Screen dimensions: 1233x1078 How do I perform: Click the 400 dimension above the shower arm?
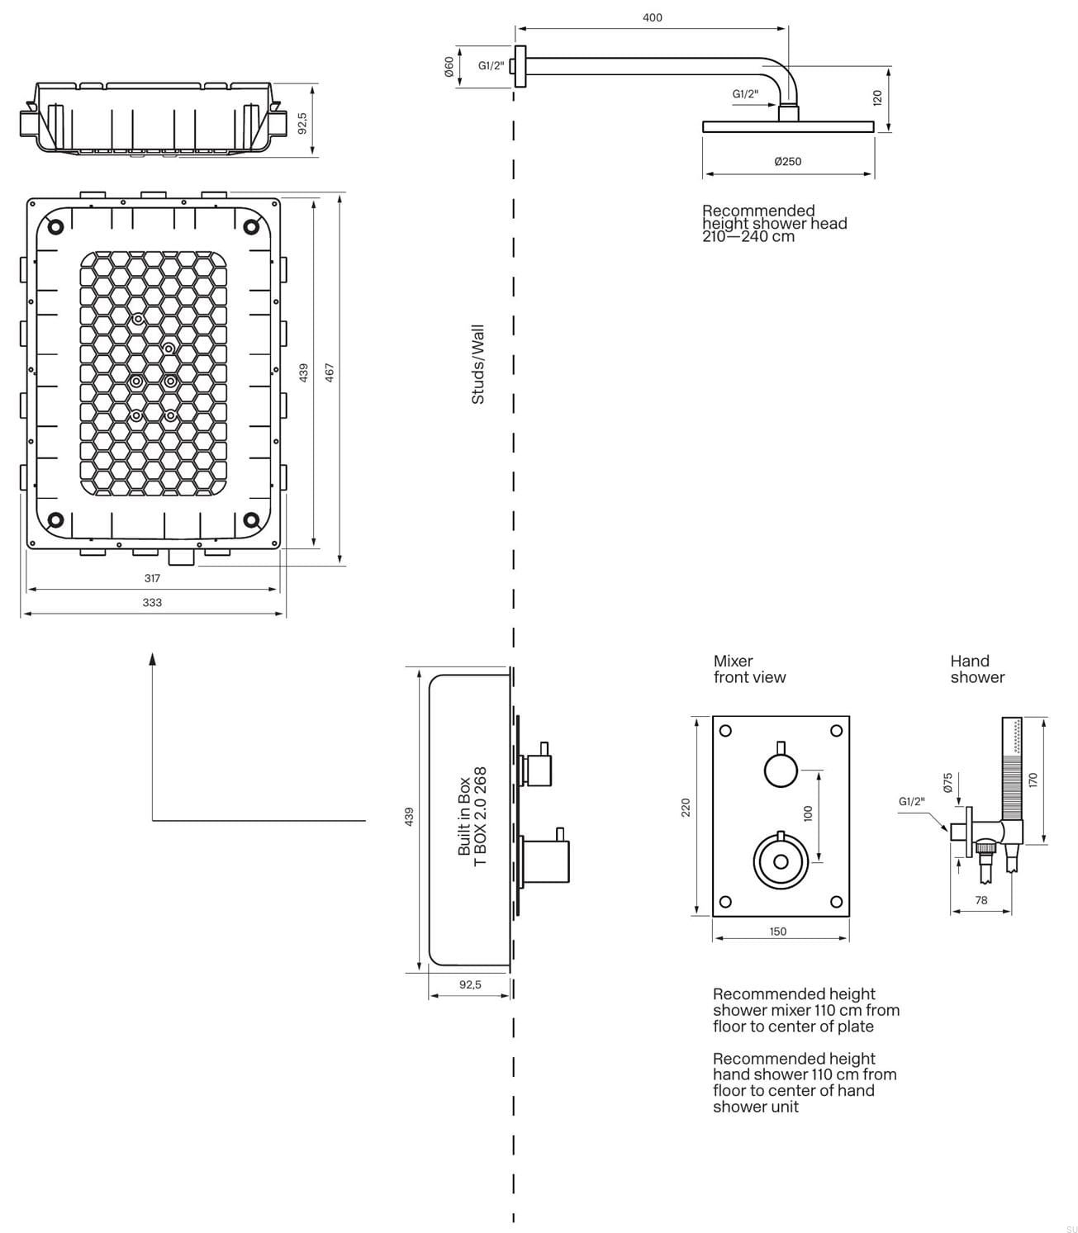652,17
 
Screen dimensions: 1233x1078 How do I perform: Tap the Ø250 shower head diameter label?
787,162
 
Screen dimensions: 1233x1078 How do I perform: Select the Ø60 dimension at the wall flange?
449,67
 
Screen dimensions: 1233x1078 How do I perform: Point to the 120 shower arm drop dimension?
877,97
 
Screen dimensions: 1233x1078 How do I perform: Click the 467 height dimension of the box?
330,372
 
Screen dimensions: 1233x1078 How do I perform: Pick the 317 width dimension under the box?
152,578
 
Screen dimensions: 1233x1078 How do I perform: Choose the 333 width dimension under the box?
152,603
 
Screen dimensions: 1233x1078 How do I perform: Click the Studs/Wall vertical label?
477,364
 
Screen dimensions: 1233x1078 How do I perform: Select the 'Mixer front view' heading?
749,669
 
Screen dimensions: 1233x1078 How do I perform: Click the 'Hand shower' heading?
976,669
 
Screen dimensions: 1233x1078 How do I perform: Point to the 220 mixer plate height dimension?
686,808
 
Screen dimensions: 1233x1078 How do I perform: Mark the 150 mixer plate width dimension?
778,932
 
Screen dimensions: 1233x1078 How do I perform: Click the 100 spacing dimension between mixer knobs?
808,813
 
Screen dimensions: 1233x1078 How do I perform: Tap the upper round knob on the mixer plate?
781,771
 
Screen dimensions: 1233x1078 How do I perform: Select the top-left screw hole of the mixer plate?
725,730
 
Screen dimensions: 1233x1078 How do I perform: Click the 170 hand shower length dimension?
1033,779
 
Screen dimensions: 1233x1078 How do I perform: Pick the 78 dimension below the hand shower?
981,900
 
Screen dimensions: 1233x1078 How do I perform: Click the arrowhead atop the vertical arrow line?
152,658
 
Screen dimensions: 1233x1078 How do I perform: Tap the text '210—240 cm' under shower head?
748,237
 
